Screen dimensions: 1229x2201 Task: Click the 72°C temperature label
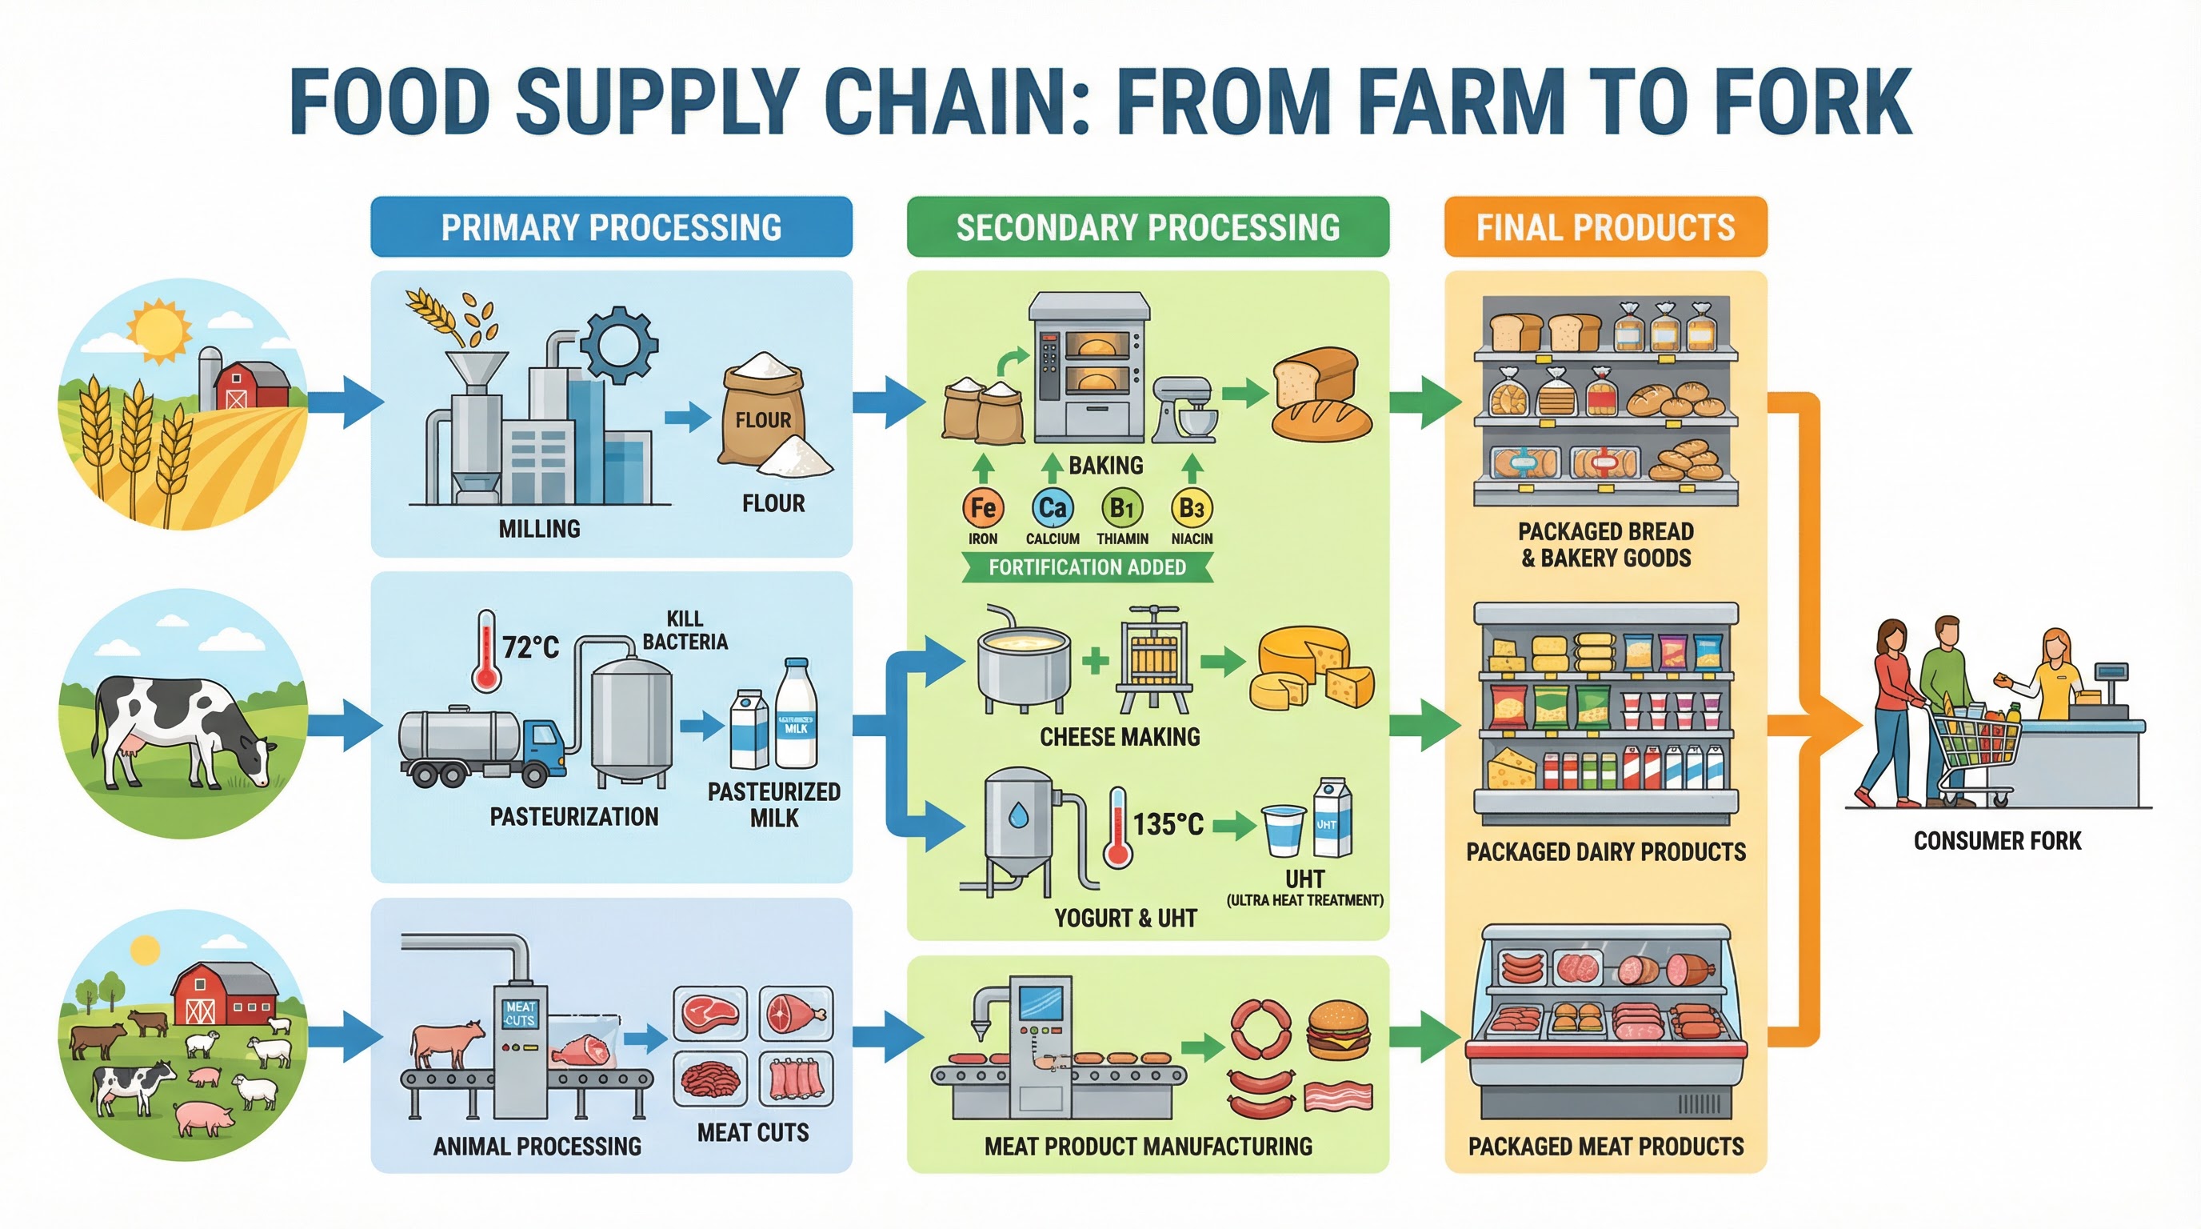530,648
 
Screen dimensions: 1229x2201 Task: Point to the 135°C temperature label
1168,825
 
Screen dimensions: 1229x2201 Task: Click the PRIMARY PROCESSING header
611,227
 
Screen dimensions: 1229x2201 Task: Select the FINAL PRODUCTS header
1604,227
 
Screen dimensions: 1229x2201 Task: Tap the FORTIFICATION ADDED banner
1087,567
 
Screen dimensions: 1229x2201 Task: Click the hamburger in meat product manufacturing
1338,1031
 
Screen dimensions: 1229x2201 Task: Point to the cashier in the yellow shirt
2053,675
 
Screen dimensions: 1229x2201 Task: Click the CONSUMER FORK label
1997,841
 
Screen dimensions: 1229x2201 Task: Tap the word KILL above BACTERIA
685,619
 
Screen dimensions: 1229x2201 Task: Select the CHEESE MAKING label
1120,737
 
